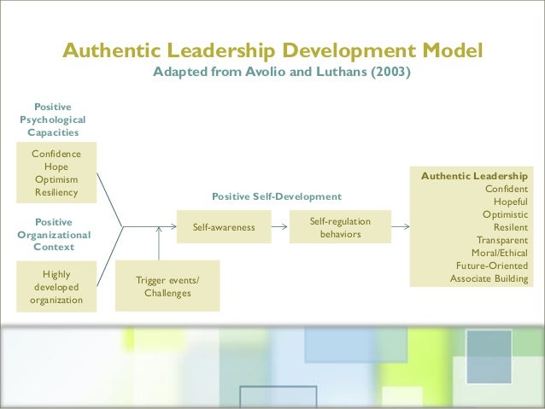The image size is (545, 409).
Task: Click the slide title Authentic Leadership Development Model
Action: (272, 50)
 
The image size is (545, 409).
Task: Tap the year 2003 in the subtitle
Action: (389, 73)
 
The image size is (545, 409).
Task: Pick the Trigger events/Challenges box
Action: (167, 287)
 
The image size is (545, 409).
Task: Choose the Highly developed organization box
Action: (56, 287)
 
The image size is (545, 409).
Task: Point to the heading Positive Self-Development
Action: (270, 196)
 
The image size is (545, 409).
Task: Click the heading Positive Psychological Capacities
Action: (53, 120)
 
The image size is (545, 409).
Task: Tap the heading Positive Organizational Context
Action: (54, 234)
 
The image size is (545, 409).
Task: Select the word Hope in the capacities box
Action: (56, 167)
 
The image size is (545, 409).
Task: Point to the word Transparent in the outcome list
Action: (502, 240)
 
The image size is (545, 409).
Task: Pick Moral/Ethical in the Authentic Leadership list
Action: (500, 253)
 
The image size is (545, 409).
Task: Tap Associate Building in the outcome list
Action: (489, 278)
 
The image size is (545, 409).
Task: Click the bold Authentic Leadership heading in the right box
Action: (474, 176)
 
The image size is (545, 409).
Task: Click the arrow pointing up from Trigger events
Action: (159, 243)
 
